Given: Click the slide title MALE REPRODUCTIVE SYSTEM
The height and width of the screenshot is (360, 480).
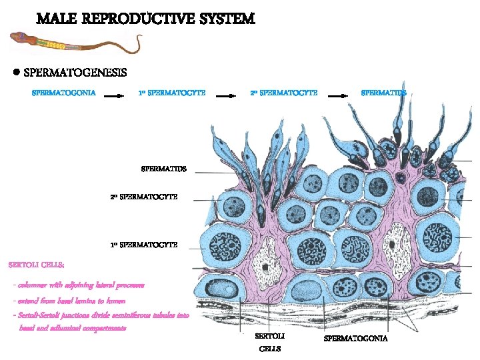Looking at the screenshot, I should click(145, 19).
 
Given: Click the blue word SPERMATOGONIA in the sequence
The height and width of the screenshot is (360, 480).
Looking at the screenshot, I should click(64, 93).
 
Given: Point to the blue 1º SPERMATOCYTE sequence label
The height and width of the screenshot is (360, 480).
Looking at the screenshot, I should click(172, 93).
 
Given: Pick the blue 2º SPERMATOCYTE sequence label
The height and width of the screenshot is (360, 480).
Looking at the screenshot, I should click(283, 93).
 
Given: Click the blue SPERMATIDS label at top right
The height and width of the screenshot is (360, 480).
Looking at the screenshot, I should click(383, 93).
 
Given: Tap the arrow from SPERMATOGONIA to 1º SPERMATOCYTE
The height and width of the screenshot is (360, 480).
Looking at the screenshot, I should click(115, 95).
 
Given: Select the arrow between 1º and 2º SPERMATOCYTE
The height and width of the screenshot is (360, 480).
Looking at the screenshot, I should click(227, 95).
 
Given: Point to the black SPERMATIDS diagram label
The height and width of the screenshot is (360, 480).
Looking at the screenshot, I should click(163, 169).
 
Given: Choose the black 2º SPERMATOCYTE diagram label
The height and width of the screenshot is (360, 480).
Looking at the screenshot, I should click(144, 197).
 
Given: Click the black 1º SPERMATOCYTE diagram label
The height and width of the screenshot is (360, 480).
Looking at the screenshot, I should click(144, 245).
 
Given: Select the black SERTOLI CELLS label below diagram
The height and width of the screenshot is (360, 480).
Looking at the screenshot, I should click(270, 342).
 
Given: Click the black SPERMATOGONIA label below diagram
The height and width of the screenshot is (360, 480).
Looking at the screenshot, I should click(355, 339).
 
